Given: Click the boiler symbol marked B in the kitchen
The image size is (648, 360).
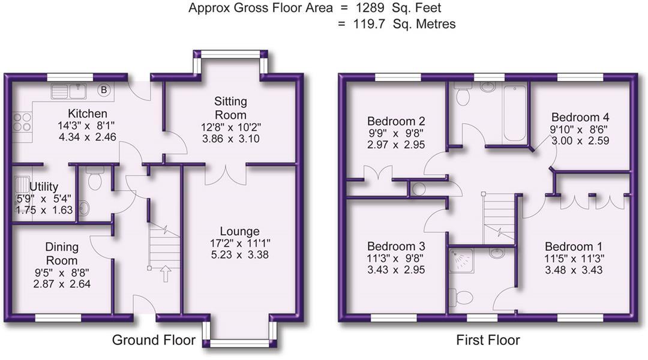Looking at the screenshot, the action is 104,89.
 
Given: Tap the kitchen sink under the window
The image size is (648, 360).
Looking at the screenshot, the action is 68,91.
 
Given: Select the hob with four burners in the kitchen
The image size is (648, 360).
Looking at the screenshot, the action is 22,122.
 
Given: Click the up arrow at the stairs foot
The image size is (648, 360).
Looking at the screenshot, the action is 166,274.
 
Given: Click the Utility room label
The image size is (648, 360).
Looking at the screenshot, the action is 44,187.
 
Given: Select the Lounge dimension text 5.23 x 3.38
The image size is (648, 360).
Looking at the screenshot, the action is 239,254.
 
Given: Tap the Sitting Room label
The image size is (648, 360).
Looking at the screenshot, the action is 230,108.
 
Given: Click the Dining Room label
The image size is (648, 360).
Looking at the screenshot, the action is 62,254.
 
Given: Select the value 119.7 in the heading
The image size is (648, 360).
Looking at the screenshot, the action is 368,24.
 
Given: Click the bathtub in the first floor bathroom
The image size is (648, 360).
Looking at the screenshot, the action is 515,113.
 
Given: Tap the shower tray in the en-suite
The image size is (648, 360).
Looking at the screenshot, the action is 461,261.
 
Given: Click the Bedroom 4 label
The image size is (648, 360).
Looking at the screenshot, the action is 580,117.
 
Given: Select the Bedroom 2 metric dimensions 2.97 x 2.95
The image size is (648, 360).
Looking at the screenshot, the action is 396,145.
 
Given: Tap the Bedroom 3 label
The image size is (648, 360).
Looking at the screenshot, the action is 396,247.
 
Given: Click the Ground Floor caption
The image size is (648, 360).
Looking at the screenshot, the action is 154,340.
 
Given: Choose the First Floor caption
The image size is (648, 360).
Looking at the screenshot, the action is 488,340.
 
